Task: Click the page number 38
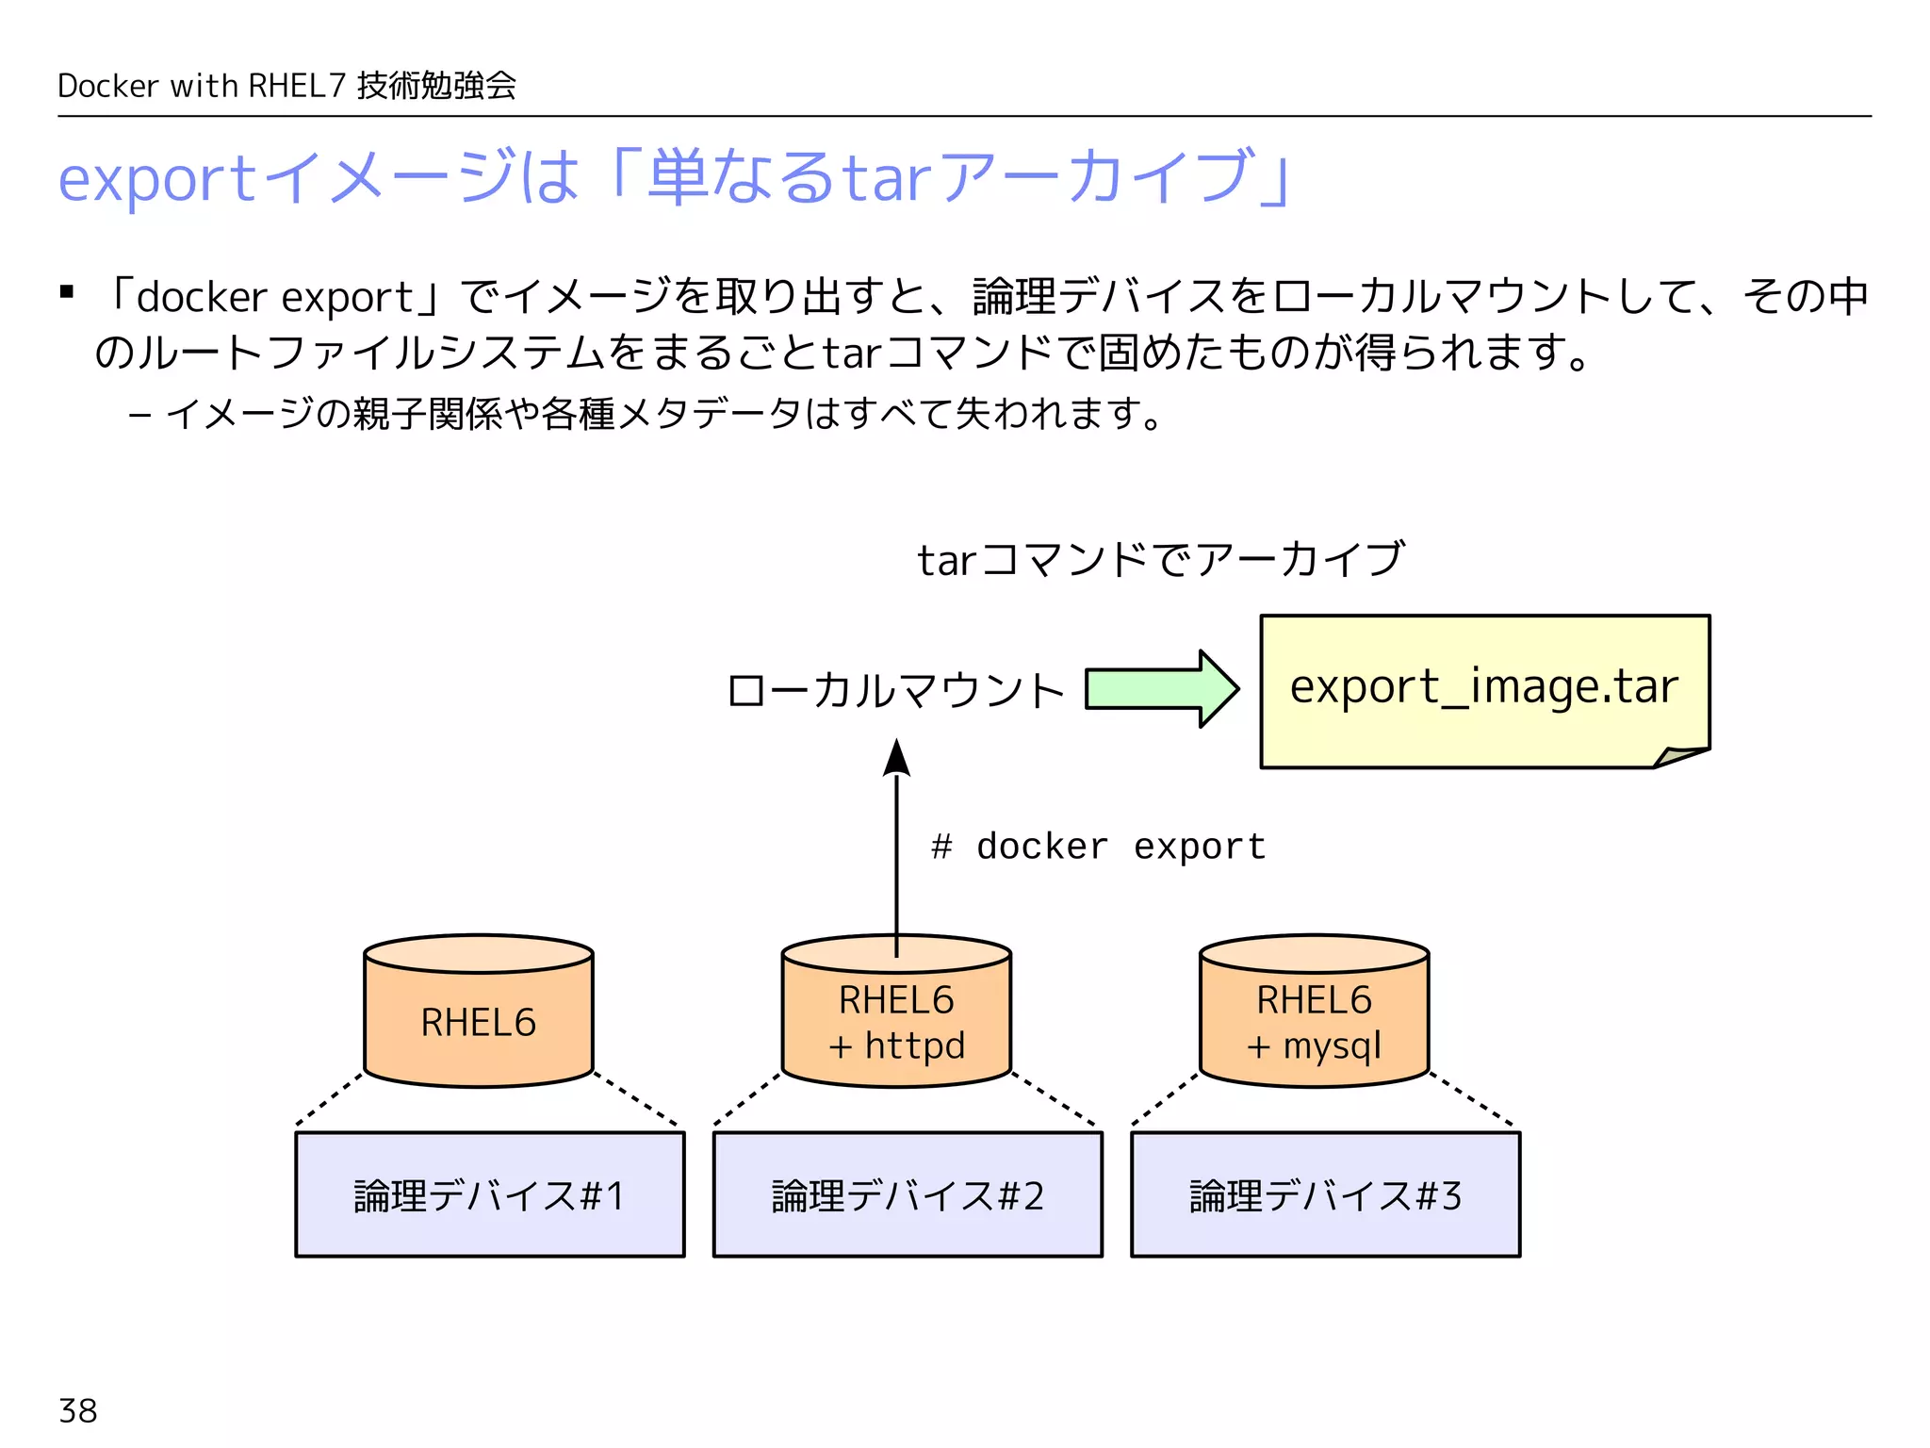pyautogui.click(x=77, y=1411)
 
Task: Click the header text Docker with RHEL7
pyautogui.click(x=202, y=86)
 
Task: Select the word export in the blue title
pyautogui.click(x=156, y=179)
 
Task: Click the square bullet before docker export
pyautogui.click(x=67, y=292)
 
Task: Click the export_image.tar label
pyautogui.click(x=1483, y=686)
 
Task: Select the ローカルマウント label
pyautogui.click(x=895, y=691)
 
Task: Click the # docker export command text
pyautogui.click(x=1098, y=847)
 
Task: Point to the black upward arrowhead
pyautogui.click(x=896, y=759)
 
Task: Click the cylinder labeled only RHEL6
pyautogui.click(x=479, y=1022)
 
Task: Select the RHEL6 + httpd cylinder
pyautogui.click(x=896, y=1023)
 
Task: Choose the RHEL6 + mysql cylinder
pyautogui.click(x=1314, y=1023)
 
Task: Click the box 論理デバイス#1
pyautogui.click(x=489, y=1195)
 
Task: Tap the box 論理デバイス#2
pyautogui.click(x=908, y=1195)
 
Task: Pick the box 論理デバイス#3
pyautogui.click(x=1325, y=1195)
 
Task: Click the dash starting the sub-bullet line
pyautogui.click(x=139, y=416)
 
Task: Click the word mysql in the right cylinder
pyautogui.click(x=1332, y=1046)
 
